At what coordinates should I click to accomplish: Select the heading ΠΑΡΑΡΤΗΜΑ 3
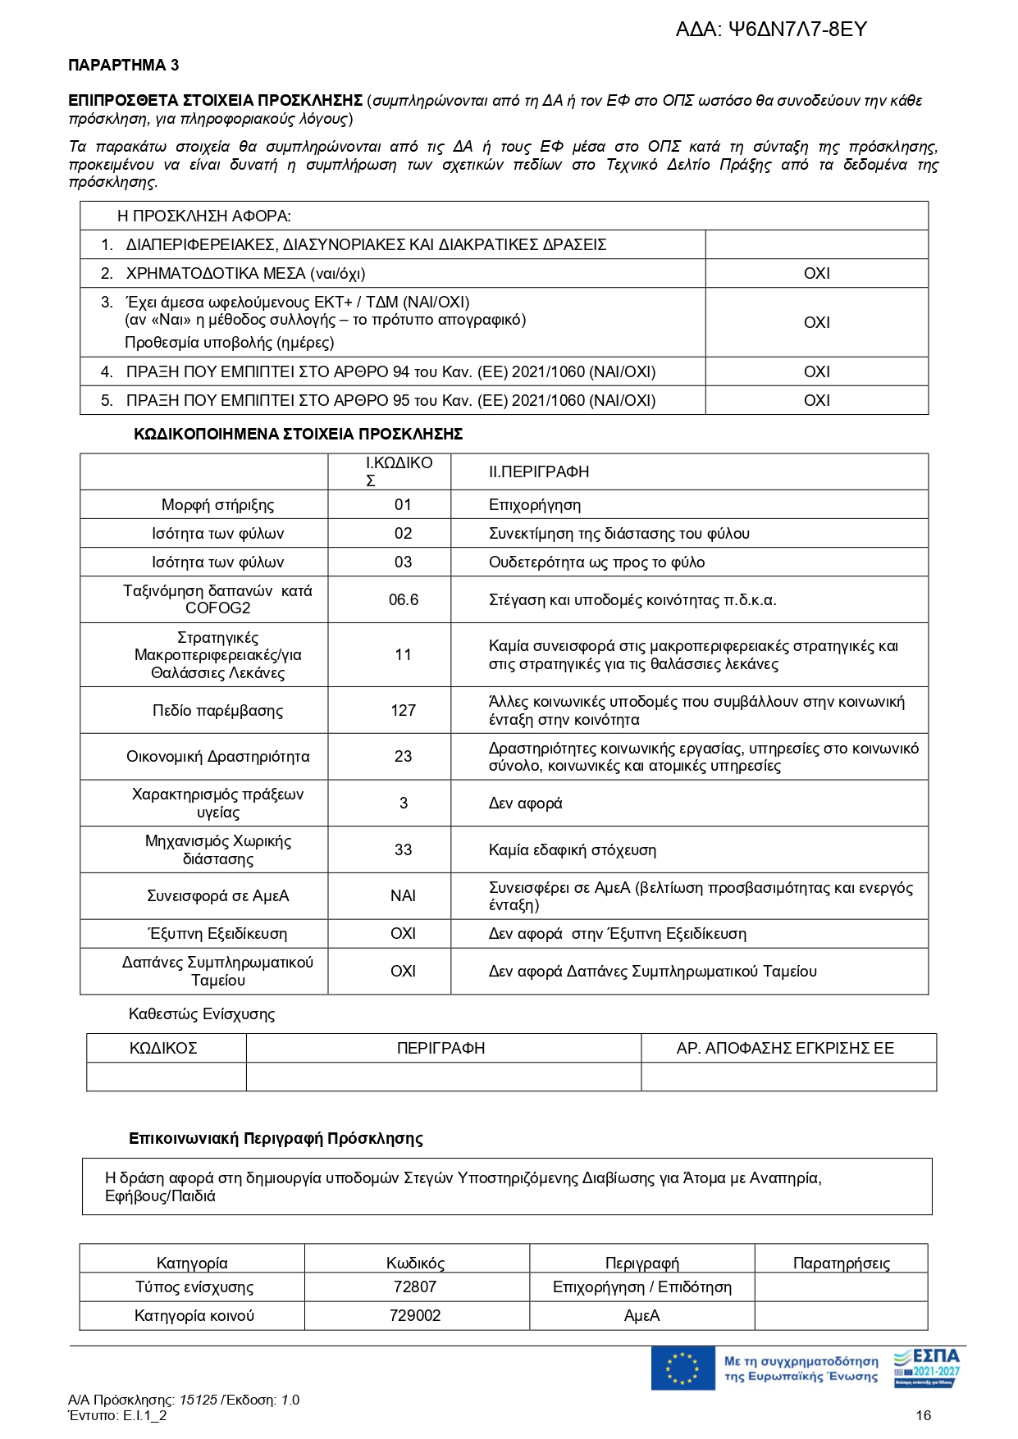coord(123,66)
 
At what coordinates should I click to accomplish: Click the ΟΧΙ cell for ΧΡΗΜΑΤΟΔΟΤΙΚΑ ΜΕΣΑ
coord(816,274)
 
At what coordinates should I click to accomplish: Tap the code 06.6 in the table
coord(403,600)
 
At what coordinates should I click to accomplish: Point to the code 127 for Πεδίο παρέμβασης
coord(403,711)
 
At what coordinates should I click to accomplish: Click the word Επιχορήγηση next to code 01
coord(534,505)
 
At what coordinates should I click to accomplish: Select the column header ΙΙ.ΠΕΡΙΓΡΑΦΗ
coord(538,472)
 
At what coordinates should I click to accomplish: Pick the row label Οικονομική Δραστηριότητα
coord(217,757)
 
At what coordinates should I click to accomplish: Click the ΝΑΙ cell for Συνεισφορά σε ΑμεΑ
coord(403,896)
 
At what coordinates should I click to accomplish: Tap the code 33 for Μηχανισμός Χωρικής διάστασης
coord(403,850)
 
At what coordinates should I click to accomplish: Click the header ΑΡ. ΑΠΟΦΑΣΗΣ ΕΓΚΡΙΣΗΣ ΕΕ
coord(784,1049)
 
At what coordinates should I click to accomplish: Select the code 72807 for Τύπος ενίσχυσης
coord(415,1287)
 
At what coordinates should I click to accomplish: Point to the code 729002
coord(415,1316)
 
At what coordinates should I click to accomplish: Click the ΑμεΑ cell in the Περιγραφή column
coord(641,1316)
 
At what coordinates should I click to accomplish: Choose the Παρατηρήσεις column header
coord(841,1264)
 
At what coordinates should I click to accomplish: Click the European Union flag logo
coord(682,1368)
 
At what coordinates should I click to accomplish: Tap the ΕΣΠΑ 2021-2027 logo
coord(926,1368)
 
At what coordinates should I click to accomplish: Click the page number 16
coord(923,1415)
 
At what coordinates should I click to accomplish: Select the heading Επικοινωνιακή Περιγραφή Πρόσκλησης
coord(276,1139)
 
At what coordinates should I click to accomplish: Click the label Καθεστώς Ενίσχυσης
coord(202,1014)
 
